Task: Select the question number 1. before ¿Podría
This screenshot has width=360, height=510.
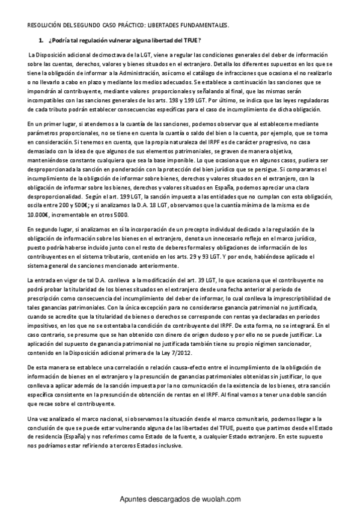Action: point(41,40)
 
